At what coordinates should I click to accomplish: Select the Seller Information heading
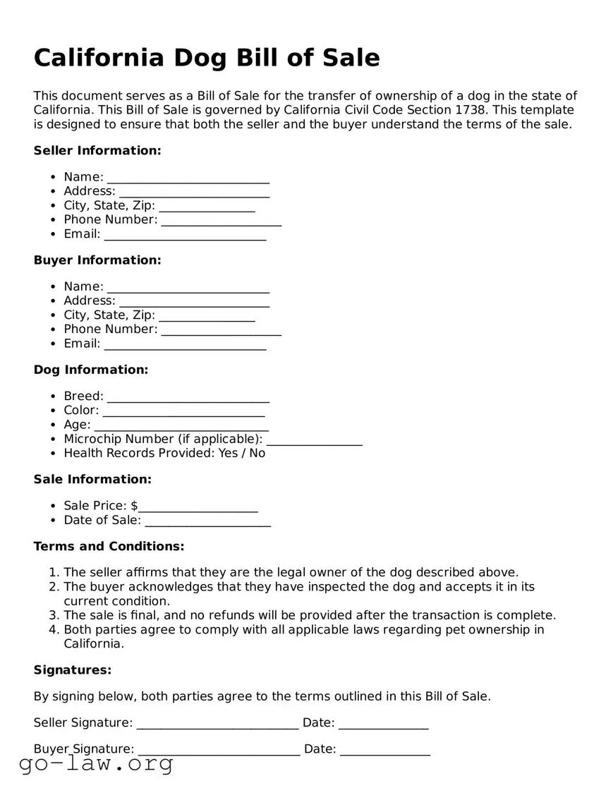97,150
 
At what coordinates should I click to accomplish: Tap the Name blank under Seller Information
188,178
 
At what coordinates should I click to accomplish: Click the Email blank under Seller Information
185,235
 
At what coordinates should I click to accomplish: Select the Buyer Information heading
97,260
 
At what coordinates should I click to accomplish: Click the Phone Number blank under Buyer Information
221,330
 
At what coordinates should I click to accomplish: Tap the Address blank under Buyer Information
194,301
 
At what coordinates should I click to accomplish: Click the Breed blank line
188,397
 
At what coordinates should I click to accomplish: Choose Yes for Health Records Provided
228,453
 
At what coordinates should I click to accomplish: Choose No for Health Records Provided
257,453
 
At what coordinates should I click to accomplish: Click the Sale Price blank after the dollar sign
198,507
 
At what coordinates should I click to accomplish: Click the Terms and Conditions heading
109,546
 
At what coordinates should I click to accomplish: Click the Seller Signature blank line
217,724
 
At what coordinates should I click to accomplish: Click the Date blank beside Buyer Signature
384,750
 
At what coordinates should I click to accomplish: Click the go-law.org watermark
96,764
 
